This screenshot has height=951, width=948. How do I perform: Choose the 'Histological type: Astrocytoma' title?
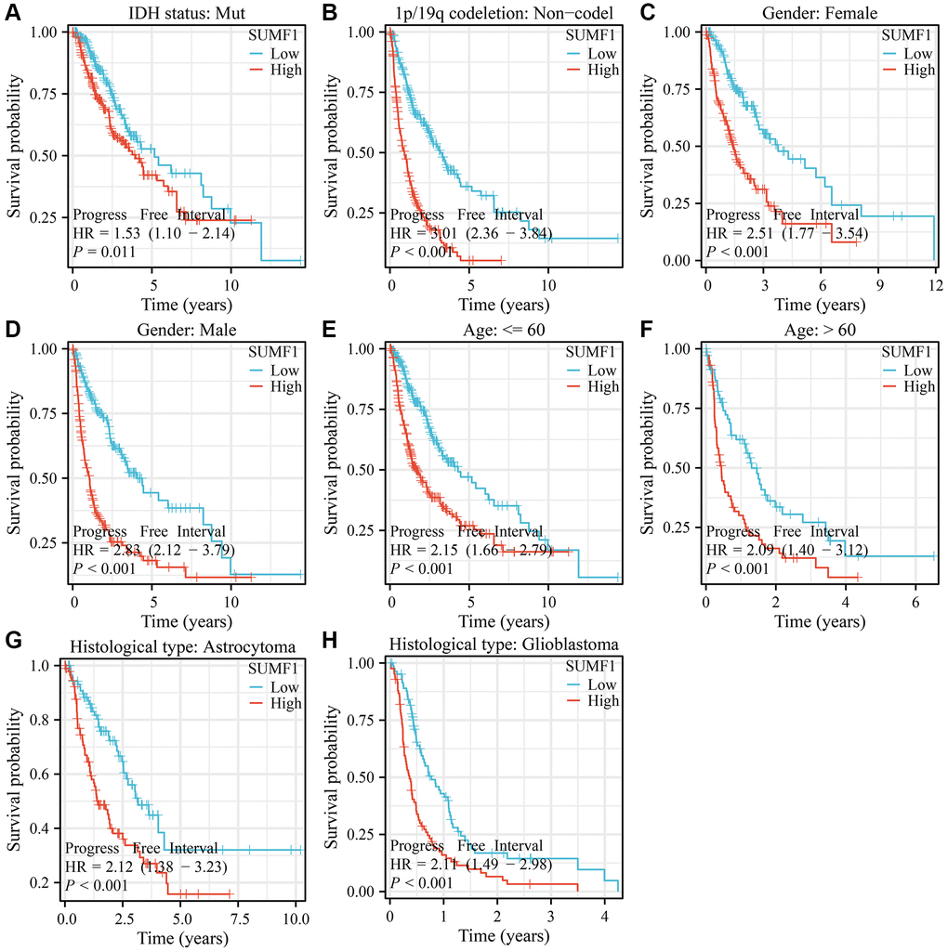point(182,643)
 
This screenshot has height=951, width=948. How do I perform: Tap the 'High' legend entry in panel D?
point(284,386)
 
